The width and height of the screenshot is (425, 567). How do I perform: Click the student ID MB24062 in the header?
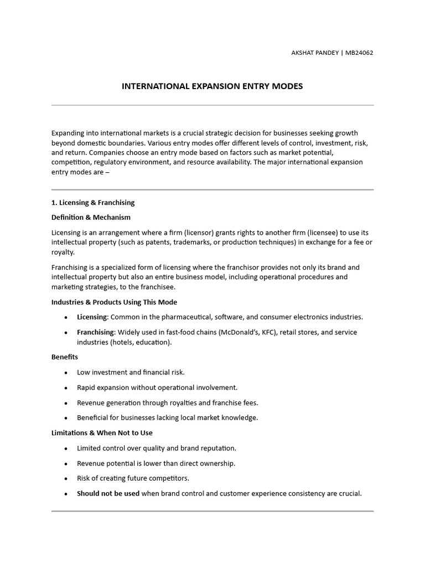[359, 53]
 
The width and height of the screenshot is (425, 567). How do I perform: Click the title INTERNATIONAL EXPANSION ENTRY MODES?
[212, 86]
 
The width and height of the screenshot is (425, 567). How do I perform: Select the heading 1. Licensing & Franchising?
[93, 203]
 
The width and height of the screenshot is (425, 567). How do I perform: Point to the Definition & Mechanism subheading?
[91, 217]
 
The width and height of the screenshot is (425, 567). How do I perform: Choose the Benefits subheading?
[65, 357]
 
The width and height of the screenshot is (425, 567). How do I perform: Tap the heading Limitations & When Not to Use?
[102, 432]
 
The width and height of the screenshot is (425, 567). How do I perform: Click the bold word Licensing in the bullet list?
[92, 317]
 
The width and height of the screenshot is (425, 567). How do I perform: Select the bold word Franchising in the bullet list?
[96, 332]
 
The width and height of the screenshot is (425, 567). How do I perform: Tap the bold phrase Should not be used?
[108, 493]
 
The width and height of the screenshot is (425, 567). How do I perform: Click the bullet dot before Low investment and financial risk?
[66, 373]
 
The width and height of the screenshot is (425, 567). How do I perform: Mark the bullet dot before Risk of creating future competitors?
[66, 478]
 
